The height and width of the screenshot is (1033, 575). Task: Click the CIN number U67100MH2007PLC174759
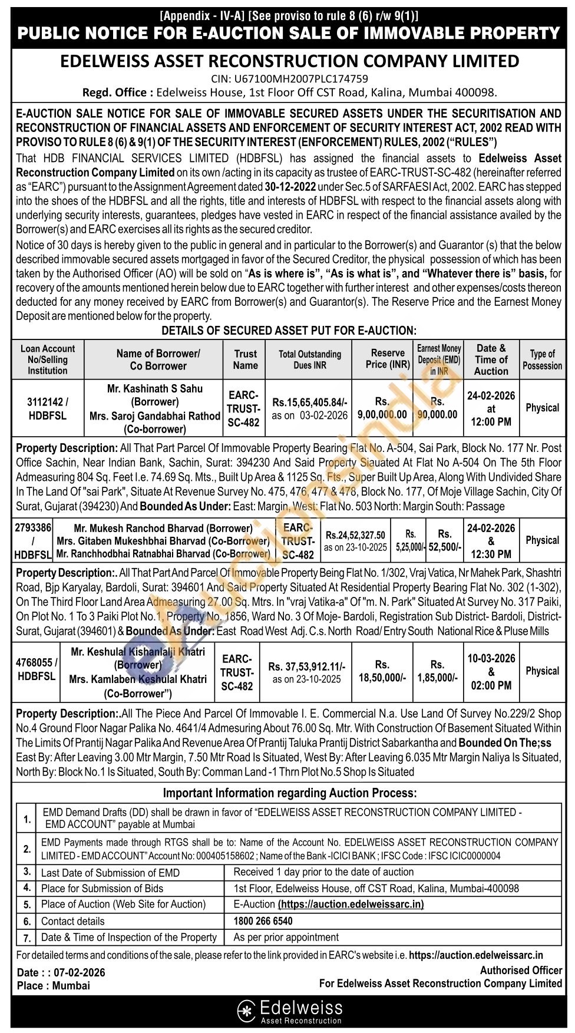(289, 78)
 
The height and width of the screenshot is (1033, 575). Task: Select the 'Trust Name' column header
(245, 359)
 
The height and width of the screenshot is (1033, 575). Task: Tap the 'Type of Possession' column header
(542, 359)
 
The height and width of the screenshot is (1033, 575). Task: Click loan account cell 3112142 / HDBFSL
(48, 408)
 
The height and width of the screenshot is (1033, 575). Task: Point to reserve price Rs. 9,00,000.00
(382, 408)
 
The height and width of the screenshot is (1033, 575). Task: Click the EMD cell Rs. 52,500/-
(445, 540)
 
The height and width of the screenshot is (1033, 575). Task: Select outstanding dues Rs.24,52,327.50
(355, 535)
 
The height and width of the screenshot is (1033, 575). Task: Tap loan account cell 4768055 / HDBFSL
(37, 669)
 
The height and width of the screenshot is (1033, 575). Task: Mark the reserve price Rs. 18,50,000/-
(382, 672)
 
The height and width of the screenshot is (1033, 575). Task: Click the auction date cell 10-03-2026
(491, 659)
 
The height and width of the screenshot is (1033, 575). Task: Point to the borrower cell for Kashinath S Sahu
(154, 408)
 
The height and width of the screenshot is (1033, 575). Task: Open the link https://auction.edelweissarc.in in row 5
(351, 904)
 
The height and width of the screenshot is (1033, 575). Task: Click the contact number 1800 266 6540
(263, 920)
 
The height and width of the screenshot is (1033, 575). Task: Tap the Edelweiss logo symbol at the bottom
(245, 1010)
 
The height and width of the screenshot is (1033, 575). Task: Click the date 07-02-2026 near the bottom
(79, 972)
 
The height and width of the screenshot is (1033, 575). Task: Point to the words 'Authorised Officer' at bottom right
(521, 970)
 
